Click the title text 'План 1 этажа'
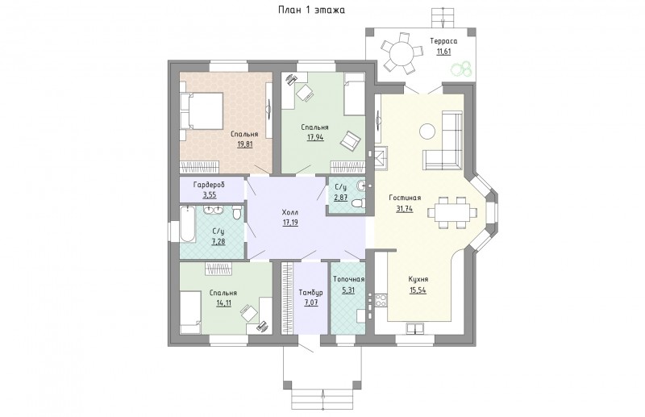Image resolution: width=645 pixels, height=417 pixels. [311, 10]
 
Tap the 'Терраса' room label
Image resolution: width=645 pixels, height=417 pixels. [443, 41]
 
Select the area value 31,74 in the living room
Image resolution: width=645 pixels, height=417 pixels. [405, 209]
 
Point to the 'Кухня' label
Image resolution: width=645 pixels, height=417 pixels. [418, 279]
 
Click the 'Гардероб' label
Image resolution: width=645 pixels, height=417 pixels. [209, 185]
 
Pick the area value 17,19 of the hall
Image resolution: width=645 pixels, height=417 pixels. [290, 223]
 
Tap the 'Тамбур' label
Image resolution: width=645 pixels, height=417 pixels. [310, 293]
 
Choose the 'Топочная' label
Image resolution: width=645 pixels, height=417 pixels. [348, 279]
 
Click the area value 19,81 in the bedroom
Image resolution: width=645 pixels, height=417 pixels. [244, 144]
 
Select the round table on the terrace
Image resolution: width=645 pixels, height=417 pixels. [402, 54]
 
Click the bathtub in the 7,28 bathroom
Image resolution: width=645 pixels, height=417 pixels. [188, 224]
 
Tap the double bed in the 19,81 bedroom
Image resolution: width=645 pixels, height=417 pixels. [202, 111]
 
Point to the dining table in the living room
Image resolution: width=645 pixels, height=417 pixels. [452, 212]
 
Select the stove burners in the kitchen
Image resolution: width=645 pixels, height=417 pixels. [381, 299]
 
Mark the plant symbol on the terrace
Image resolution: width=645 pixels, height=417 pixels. [460, 69]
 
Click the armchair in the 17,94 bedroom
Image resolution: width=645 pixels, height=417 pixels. [350, 140]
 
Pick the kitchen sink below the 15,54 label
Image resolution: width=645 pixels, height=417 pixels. [415, 328]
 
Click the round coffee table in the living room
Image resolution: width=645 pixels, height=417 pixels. [427, 131]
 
